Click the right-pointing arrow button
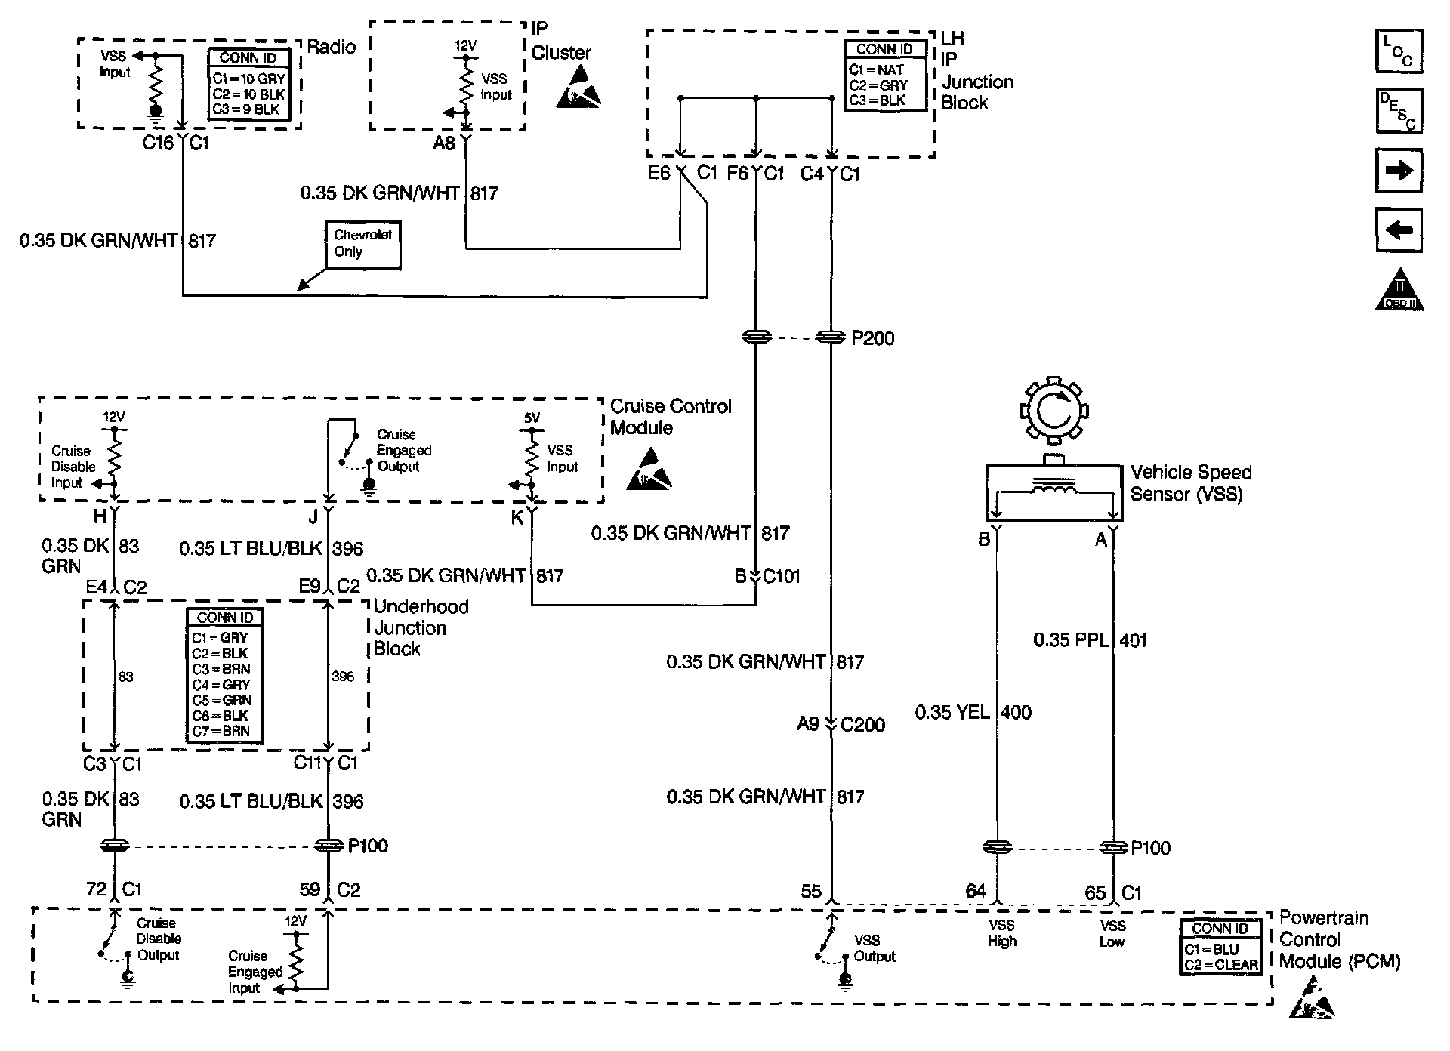[x=1399, y=171]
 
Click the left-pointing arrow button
[x=1399, y=230]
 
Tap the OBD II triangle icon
[x=1399, y=290]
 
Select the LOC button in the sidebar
[x=1399, y=51]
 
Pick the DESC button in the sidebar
[x=1399, y=111]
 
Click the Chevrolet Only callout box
[x=362, y=245]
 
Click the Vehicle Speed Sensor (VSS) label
[x=1190, y=483]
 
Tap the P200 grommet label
[x=872, y=338]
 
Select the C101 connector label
[x=780, y=577]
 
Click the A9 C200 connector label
[x=841, y=725]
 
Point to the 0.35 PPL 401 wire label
[x=1090, y=640]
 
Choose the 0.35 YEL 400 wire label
[x=973, y=712]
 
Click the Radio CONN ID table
[x=248, y=84]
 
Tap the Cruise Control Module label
[x=671, y=417]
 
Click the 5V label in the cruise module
[x=532, y=418]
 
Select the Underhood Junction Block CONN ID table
[x=225, y=675]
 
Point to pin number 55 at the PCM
[x=811, y=892]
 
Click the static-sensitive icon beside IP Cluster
[x=579, y=85]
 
